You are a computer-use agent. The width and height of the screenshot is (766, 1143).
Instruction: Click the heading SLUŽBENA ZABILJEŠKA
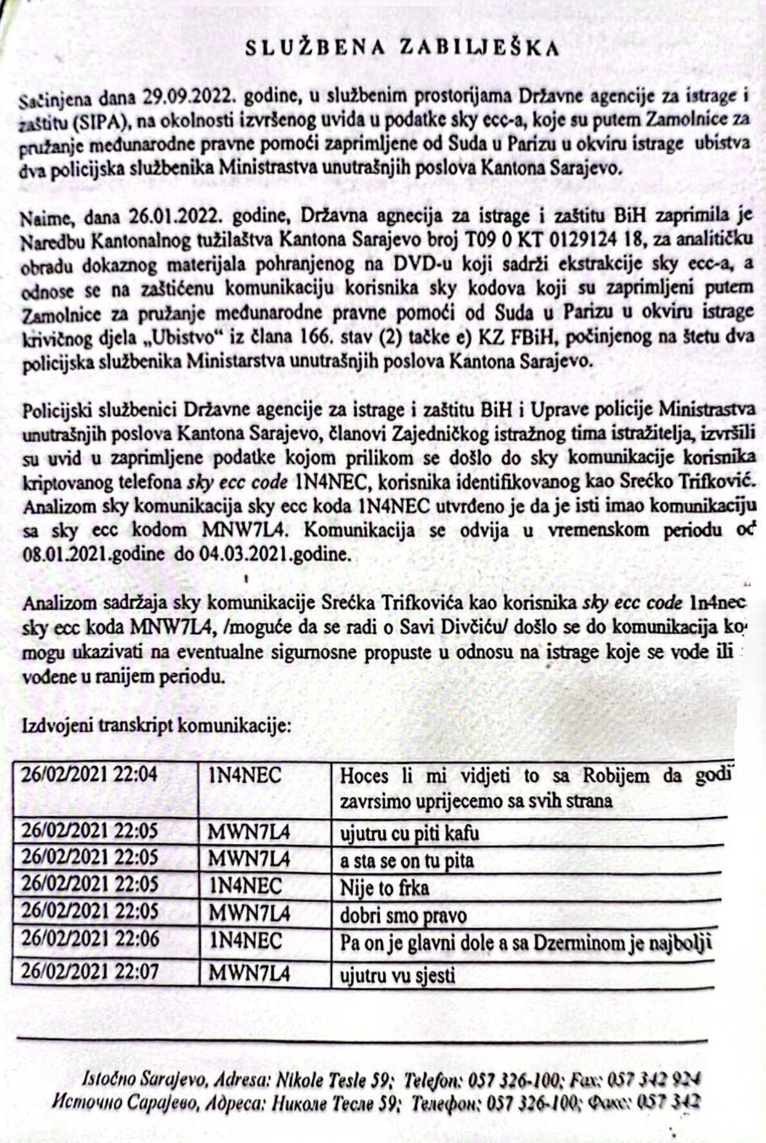tap(403, 48)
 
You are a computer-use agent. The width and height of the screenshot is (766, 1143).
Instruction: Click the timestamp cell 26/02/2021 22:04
tap(89, 774)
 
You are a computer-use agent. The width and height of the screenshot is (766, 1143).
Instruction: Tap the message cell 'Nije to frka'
tap(384, 888)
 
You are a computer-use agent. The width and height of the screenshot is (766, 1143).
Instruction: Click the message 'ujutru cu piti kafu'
tap(409, 834)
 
